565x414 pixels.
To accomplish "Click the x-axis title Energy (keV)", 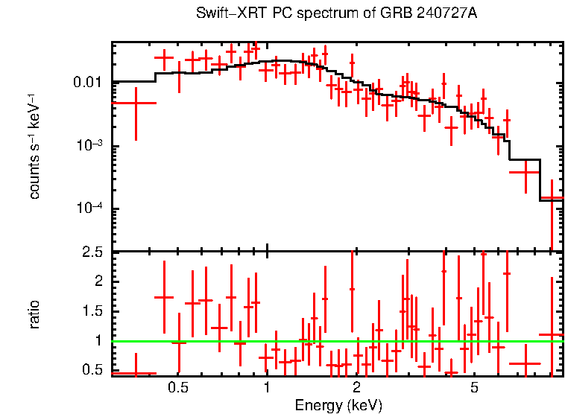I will pos(338,405).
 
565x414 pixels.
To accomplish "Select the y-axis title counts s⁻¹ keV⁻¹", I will pos(34,146).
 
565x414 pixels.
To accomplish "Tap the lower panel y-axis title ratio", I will pos(34,314).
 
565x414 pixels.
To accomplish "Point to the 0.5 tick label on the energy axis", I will pos(177,388).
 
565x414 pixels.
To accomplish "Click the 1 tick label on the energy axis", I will pos(267,388).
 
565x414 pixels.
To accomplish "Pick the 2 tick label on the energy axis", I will pos(356,388).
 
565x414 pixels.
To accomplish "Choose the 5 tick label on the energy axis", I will pos(475,388).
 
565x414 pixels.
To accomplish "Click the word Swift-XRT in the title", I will pos(224,14).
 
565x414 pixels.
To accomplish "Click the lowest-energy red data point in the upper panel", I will pos(136,103).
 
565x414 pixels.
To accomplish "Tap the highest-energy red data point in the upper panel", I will pos(552,198).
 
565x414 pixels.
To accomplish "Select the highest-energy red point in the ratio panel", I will pos(552,335).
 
